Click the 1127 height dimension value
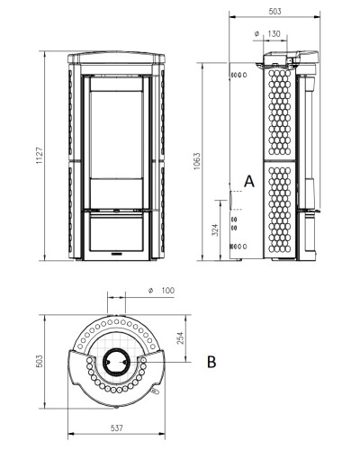click(x=40, y=156)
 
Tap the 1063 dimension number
click(x=196, y=161)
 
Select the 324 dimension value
click(x=215, y=229)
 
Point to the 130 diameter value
click(x=274, y=34)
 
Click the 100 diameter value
click(x=167, y=291)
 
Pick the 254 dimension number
click(x=180, y=337)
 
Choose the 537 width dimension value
click(x=117, y=428)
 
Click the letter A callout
click(x=249, y=182)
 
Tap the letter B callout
click(x=211, y=362)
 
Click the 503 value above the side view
click(x=274, y=12)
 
